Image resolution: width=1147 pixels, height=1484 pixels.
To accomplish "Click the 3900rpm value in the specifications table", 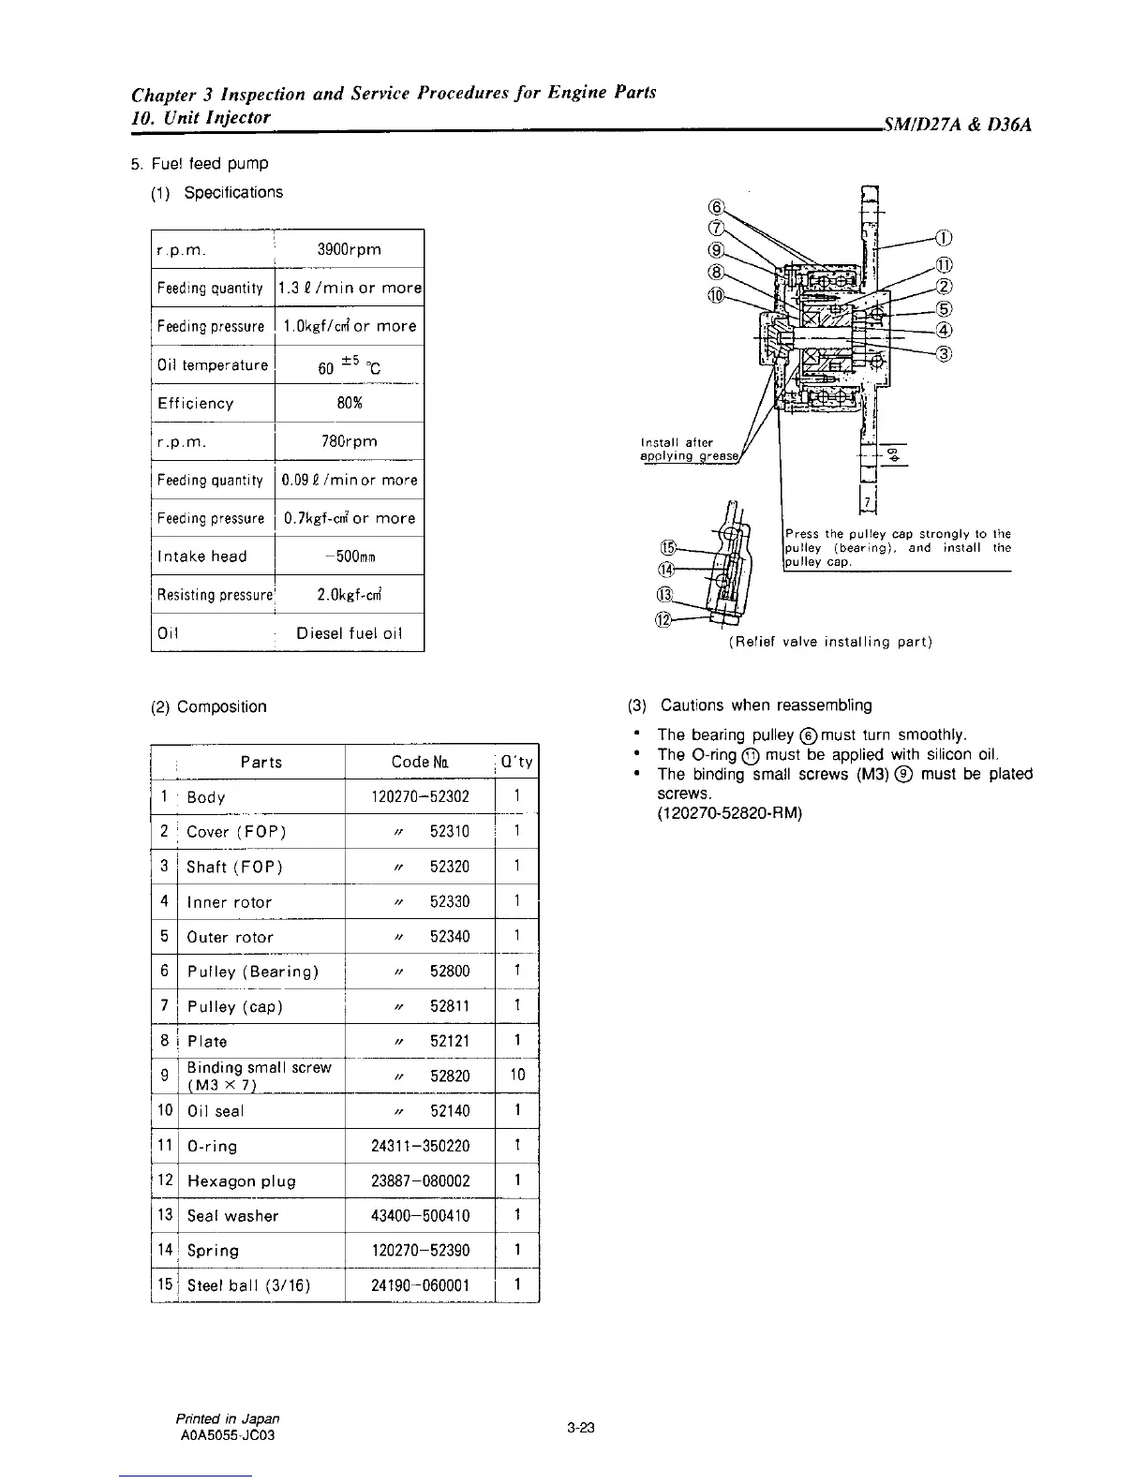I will click(349, 249).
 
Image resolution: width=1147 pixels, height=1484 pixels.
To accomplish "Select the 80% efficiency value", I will click(349, 403).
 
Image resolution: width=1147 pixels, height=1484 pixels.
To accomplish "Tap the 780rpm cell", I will click(349, 441).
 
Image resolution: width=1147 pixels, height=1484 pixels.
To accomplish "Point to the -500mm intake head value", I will click(349, 556).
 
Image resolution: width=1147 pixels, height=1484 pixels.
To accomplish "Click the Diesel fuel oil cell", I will click(349, 633).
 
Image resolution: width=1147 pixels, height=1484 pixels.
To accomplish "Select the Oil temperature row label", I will click(213, 365).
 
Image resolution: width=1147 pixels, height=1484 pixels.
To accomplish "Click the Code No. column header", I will click(419, 763).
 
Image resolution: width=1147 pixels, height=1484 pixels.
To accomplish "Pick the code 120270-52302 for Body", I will click(420, 797).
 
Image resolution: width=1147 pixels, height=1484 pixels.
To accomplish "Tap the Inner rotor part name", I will click(230, 902).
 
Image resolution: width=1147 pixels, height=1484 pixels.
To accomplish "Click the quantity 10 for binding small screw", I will click(517, 1076).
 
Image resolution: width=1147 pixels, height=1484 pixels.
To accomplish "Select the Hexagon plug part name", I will click(242, 1181).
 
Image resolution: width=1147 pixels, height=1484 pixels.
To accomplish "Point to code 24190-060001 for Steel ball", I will click(420, 1285).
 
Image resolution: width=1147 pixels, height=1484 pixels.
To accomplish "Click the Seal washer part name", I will click(233, 1216).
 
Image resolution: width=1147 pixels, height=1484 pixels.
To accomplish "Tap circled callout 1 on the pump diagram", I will click(945, 237).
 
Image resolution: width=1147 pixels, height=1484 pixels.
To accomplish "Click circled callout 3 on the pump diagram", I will click(945, 353).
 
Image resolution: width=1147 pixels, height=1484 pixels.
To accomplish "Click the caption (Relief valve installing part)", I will click(829, 642).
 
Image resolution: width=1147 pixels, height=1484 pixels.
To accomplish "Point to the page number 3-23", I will click(580, 1428).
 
